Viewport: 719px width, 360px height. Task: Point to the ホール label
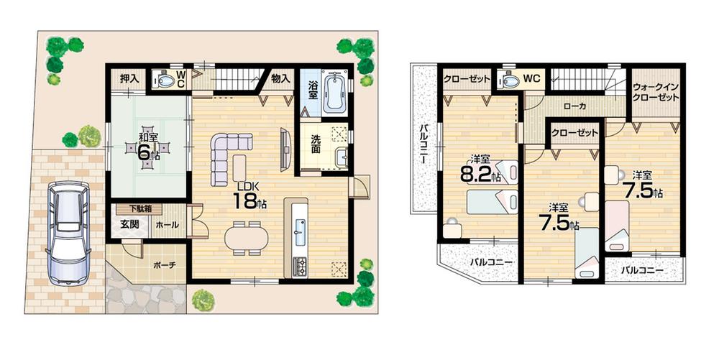point(167,225)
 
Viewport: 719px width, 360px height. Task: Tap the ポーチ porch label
point(165,264)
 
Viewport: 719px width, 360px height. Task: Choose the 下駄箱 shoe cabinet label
point(134,209)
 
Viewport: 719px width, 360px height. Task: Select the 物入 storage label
point(280,78)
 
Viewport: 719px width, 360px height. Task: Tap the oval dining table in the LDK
point(244,236)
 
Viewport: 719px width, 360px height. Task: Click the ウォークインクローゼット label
point(656,92)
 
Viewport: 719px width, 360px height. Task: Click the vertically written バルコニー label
point(423,144)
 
